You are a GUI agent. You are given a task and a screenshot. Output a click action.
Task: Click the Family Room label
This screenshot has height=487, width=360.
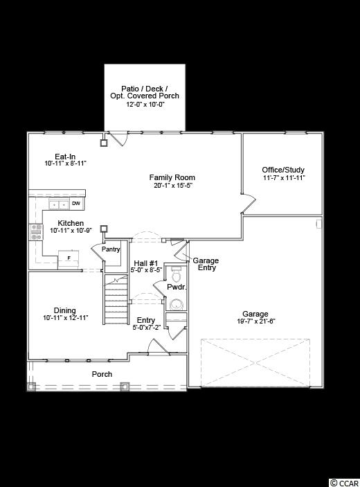point(172,177)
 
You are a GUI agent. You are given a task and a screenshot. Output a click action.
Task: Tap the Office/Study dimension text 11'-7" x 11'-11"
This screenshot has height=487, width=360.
point(284,178)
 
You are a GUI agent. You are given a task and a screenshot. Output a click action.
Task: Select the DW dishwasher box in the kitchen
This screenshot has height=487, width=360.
point(76,204)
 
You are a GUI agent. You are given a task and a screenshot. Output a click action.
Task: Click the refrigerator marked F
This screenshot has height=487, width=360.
point(69,258)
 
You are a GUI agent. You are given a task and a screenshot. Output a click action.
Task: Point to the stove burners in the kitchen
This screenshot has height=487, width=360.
point(36,232)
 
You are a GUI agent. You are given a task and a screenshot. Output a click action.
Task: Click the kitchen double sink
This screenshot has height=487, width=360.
point(59,205)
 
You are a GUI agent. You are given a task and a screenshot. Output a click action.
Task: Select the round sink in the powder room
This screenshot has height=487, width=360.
point(177,304)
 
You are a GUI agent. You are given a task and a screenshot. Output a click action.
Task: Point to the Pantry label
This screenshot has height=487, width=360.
point(111,249)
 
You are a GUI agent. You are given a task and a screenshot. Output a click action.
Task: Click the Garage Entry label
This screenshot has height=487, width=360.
point(206,264)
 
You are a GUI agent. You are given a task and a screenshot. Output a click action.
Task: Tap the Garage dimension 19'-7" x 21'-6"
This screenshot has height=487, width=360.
point(256,321)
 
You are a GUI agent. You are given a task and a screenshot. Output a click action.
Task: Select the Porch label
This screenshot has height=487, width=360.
point(102,374)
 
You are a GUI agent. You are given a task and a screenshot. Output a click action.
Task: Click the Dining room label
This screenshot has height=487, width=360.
point(65,310)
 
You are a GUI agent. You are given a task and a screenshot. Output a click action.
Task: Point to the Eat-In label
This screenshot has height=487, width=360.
point(65,157)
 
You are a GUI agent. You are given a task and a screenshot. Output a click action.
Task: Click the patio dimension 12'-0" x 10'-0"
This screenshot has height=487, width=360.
point(145,105)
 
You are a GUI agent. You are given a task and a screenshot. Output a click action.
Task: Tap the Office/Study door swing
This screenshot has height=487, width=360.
point(249,204)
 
